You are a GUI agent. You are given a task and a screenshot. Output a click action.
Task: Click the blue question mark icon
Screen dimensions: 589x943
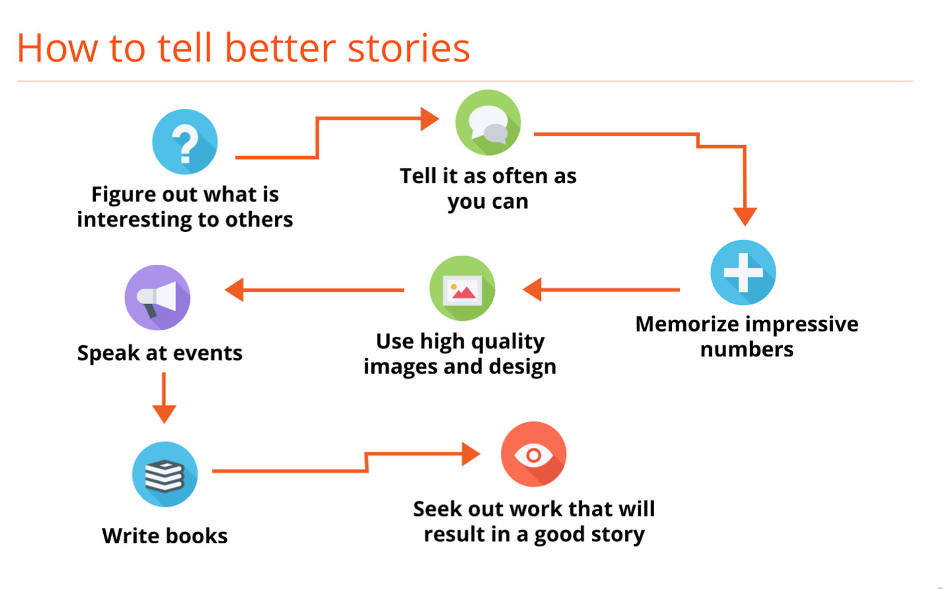tap(184, 142)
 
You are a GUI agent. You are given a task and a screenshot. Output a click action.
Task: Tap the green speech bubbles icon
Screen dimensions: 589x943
tap(488, 123)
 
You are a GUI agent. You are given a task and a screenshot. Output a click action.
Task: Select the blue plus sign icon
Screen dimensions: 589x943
tap(743, 272)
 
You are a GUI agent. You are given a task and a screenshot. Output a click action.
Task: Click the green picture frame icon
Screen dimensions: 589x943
tap(462, 289)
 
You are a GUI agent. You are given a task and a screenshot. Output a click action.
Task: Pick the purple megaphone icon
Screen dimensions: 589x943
tap(158, 298)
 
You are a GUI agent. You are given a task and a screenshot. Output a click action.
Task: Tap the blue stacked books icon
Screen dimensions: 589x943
tap(165, 474)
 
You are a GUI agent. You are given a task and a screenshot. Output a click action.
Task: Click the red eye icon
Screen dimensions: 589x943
tap(533, 454)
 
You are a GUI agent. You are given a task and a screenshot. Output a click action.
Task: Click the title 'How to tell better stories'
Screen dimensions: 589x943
tap(243, 48)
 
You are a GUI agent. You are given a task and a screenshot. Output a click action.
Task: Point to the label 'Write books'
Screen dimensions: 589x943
tap(165, 536)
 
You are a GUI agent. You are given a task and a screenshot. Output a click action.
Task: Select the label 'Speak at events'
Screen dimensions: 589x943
tap(160, 353)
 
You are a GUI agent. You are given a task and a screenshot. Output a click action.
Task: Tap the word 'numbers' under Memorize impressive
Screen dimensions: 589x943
tap(746, 350)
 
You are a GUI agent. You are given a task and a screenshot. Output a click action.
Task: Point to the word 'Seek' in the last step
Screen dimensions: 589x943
tap(436, 508)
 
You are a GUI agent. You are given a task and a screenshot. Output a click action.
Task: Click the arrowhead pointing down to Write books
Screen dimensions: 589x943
tap(164, 414)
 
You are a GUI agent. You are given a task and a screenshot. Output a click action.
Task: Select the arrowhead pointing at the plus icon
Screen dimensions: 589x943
tap(745, 216)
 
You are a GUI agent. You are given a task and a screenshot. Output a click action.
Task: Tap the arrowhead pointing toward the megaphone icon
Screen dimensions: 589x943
tap(235, 289)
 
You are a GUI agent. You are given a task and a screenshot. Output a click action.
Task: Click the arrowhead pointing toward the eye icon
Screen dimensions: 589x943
tap(470, 453)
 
